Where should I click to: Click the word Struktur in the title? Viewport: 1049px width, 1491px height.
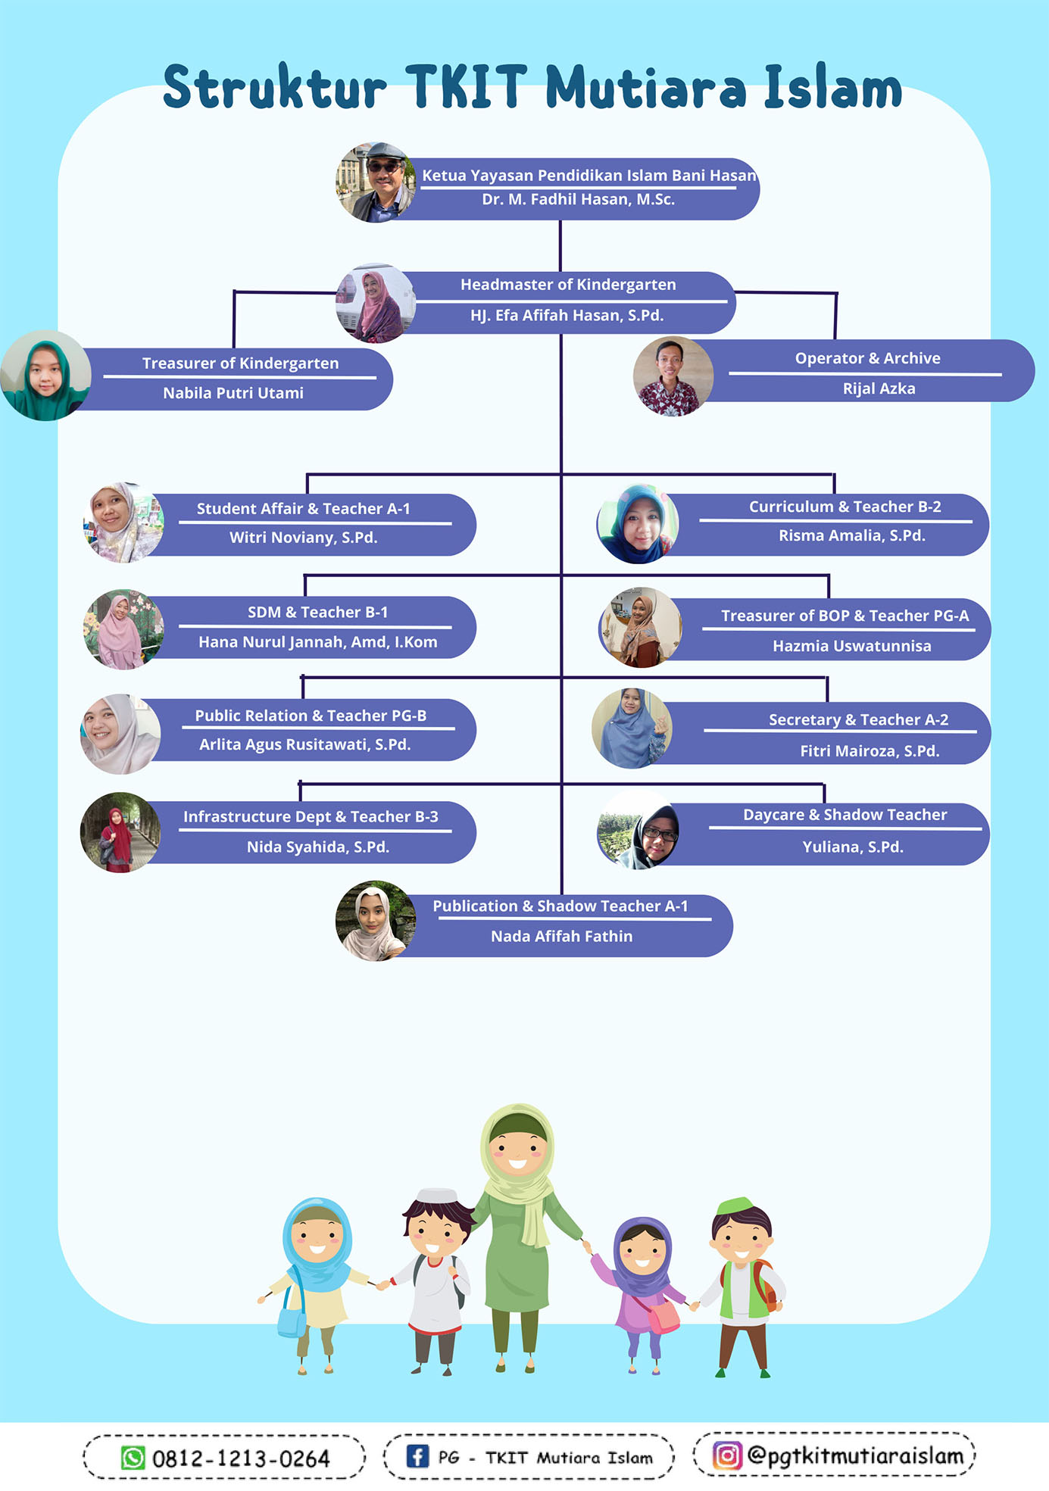(x=274, y=87)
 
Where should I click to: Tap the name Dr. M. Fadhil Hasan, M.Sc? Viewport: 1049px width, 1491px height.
(x=578, y=200)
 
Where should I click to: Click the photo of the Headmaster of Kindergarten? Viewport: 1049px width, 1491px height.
(x=376, y=304)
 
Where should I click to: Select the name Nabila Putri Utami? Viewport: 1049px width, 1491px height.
(x=233, y=393)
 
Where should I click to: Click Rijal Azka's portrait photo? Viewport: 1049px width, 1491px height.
(x=673, y=376)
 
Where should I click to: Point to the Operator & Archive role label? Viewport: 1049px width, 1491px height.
(x=867, y=358)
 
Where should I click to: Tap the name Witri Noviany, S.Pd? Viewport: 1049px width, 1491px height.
(x=303, y=538)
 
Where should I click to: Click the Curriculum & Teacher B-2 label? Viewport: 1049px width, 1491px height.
(x=845, y=507)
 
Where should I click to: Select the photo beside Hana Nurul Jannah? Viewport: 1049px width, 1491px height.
(x=123, y=629)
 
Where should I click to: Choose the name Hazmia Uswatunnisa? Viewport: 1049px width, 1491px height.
(x=851, y=646)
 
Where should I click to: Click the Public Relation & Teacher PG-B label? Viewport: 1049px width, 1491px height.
(x=311, y=716)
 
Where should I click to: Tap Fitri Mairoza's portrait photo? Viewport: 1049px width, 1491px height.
(x=632, y=728)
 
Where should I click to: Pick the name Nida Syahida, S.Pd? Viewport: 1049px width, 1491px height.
(x=317, y=847)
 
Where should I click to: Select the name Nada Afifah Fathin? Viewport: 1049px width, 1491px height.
(x=561, y=937)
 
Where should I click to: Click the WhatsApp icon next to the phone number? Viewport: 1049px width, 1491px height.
(x=133, y=1458)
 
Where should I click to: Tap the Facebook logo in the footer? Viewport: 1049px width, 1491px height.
(x=417, y=1456)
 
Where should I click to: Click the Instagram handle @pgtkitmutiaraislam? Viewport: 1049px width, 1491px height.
(x=854, y=1455)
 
